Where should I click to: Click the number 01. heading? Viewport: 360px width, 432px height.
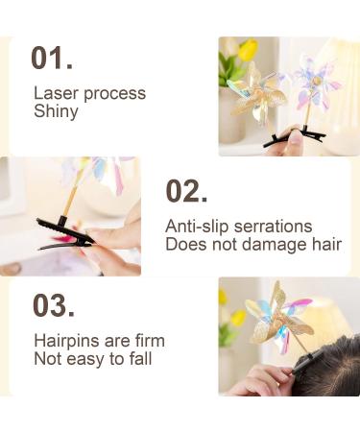point(52,58)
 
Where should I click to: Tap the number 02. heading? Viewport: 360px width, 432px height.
point(186,191)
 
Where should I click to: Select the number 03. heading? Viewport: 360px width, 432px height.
point(53,305)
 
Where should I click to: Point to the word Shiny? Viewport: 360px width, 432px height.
point(56,111)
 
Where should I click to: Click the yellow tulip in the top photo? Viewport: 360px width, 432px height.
point(248,50)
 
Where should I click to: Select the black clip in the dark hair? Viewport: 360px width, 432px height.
point(305,362)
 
